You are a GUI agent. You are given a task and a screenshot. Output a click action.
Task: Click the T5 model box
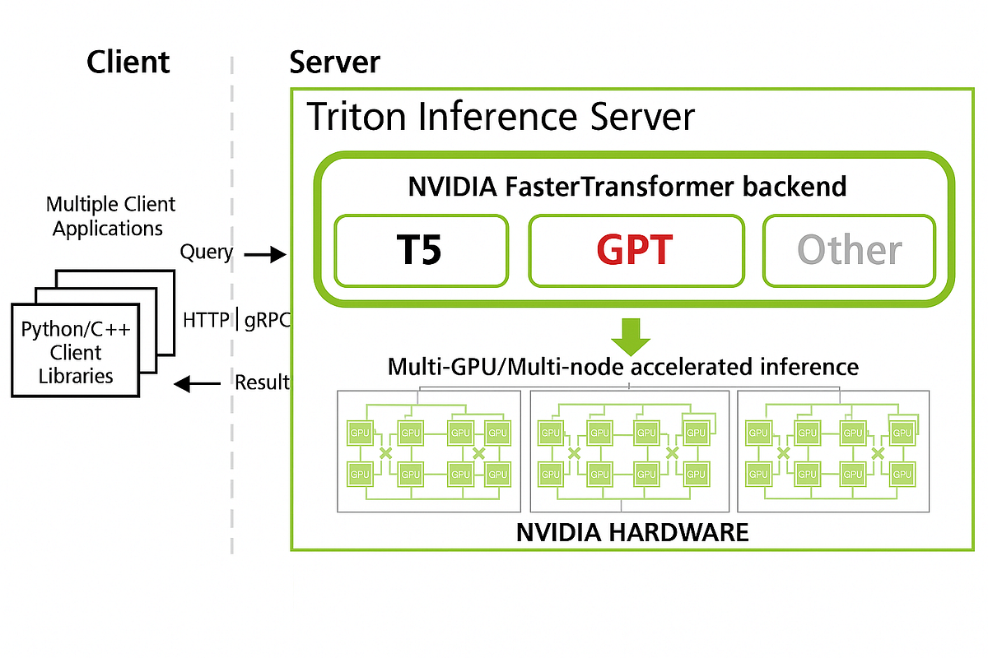click(x=420, y=250)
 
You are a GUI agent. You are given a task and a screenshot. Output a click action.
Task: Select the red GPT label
click(x=635, y=250)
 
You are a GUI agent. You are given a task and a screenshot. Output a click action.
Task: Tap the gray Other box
click(x=850, y=250)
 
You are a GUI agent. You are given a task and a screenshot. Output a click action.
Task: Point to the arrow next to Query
click(x=264, y=255)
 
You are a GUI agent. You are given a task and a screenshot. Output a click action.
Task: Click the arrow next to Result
click(x=197, y=382)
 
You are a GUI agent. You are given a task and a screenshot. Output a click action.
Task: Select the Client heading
click(x=128, y=63)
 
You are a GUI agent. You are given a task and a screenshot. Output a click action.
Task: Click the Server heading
click(x=334, y=63)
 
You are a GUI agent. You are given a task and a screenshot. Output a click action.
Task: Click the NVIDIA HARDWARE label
click(x=632, y=532)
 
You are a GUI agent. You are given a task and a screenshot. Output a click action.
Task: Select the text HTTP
click(x=206, y=320)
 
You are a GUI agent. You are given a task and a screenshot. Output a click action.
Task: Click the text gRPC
click(x=268, y=320)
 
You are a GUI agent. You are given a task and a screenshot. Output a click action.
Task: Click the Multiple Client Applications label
click(x=110, y=215)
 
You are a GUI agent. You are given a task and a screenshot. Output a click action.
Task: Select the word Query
click(x=206, y=252)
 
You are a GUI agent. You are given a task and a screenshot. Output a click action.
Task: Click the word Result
click(x=262, y=382)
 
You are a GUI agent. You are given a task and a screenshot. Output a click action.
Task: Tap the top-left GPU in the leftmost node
click(x=360, y=433)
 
